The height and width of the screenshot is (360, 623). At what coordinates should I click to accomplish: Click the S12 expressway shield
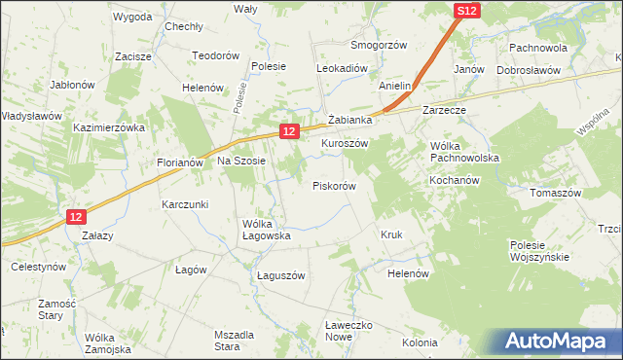[467, 10]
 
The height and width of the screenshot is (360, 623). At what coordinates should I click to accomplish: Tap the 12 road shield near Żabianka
[288, 129]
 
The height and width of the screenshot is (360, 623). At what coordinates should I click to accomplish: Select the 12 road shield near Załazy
[78, 218]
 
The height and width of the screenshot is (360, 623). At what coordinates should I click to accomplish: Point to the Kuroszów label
[345, 142]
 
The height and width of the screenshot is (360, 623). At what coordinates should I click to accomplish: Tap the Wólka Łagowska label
[267, 229]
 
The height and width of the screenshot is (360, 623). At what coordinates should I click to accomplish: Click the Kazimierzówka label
[108, 127]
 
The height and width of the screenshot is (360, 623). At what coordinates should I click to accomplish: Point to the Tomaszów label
[555, 193]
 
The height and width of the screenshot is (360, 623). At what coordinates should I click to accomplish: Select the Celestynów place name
[37, 266]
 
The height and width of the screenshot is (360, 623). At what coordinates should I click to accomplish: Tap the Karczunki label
[186, 205]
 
